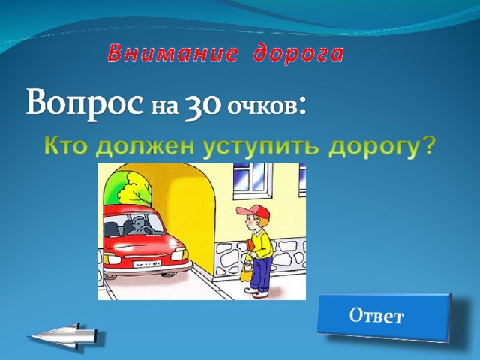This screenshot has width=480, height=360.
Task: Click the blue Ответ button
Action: coord(384,317)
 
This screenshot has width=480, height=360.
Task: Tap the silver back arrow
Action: coord(64,336)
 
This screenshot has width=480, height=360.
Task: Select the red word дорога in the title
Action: coord(298,55)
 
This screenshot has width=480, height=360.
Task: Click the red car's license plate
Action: coord(147,263)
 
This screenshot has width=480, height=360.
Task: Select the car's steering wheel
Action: coord(143,229)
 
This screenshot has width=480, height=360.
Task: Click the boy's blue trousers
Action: coord(262,273)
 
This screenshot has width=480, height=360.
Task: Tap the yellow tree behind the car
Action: coord(134,190)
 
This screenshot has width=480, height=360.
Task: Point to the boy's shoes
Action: coord(256,292)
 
